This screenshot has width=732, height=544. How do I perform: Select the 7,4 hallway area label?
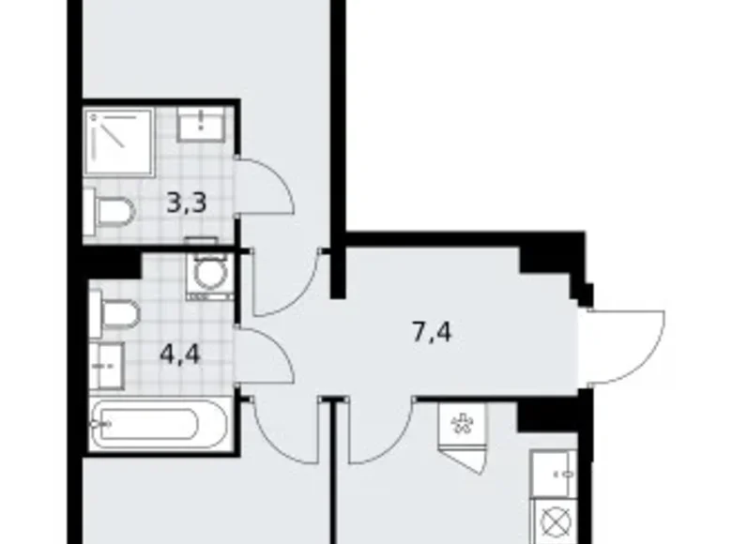(x=433, y=331)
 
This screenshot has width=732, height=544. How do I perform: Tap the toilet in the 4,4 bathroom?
(x=115, y=314)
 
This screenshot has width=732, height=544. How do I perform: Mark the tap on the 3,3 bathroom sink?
(x=204, y=119)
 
